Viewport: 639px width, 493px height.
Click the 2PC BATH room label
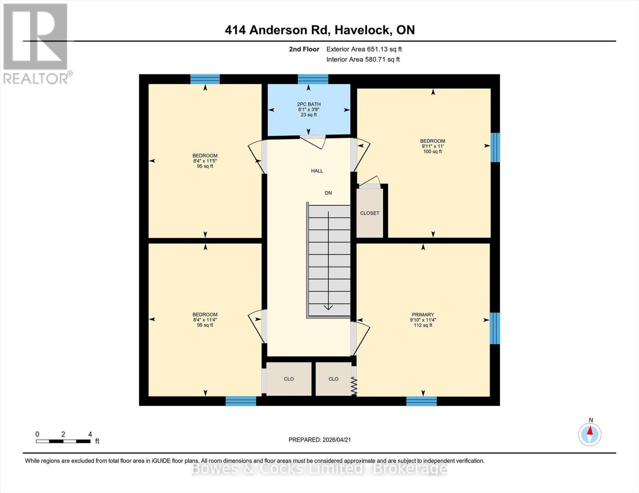tap(309, 104)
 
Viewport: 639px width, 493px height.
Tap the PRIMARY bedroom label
tap(423, 315)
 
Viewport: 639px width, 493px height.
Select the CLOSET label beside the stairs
tap(369, 213)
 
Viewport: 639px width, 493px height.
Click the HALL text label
tap(317, 171)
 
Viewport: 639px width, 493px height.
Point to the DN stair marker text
tap(328, 193)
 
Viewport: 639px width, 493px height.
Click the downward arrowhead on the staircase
tap(328, 307)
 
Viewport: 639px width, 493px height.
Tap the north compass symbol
tap(590, 434)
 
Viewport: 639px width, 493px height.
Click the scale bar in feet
tap(63, 441)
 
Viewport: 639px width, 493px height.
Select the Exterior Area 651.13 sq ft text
tap(364, 49)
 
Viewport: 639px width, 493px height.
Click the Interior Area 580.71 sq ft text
tap(363, 60)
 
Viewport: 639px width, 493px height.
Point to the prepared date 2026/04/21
tap(320, 440)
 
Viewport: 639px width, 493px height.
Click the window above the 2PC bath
tap(313, 79)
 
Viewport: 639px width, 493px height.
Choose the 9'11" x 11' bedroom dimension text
tap(432, 146)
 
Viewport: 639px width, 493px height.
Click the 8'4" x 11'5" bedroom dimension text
tap(205, 161)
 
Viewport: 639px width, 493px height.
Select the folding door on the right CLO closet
tap(354, 386)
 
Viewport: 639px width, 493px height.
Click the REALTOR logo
tap(36, 43)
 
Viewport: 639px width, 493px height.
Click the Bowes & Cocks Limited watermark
tap(319, 468)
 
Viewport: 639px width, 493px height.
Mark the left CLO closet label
tap(289, 379)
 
